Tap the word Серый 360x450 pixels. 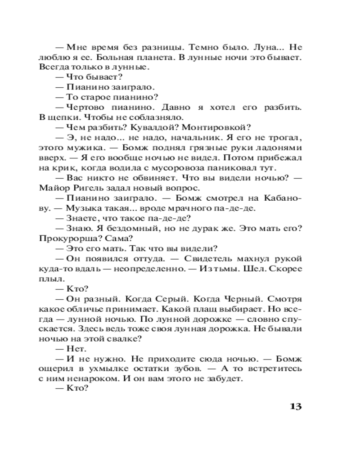click(x=180, y=299)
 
